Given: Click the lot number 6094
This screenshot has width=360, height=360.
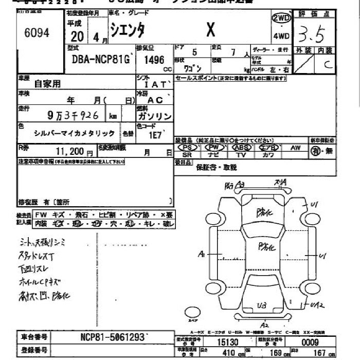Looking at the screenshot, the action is (37, 33).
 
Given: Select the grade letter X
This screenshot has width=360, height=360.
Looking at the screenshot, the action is (210, 31).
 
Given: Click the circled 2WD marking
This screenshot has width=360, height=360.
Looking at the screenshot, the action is (281, 18).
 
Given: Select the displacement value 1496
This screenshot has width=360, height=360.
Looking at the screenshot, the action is (154, 60).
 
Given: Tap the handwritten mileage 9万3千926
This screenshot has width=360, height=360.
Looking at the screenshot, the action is (76, 115).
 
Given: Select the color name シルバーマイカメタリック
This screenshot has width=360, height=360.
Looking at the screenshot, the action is (75, 133).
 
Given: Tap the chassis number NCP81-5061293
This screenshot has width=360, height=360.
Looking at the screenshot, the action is (113, 337).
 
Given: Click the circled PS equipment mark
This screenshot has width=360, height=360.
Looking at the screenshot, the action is (187, 148).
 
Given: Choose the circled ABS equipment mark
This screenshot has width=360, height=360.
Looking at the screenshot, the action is (241, 148).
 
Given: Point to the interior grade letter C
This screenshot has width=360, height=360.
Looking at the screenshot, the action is (327, 64).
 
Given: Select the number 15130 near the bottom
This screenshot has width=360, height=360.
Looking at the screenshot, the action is (227, 342).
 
